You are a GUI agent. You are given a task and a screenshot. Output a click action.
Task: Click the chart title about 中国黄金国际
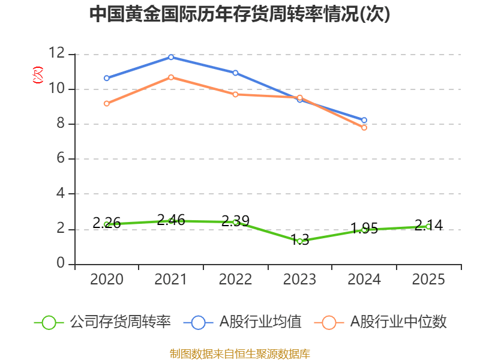pyautogui.click(x=239, y=14)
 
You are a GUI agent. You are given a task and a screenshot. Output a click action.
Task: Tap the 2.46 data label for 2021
pyautogui.click(x=171, y=220)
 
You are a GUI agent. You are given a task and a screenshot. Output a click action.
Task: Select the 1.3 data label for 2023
pyautogui.click(x=299, y=240)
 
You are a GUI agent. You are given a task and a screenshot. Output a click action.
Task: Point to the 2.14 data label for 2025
pyautogui.click(x=428, y=226)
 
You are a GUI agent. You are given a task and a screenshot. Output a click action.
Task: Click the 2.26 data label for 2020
pyautogui.click(x=107, y=223)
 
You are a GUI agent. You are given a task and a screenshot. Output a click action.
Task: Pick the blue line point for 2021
pyautogui.click(x=171, y=57)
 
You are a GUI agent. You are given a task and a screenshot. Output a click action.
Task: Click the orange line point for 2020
pyautogui.click(x=107, y=104)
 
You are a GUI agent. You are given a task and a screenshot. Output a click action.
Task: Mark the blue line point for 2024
pyautogui.click(x=364, y=120)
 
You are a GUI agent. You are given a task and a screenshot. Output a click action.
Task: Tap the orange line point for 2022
pyautogui.click(x=235, y=94)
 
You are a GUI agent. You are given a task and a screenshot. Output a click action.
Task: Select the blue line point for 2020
pyautogui.click(x=107, y=78)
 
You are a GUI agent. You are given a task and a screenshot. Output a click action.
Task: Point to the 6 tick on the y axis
pyautogui.click(x=60, y=159)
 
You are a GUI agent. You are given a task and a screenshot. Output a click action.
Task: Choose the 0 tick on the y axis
pyautogui.click(x=60, y=264)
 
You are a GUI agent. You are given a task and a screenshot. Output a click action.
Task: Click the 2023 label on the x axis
pyautogui.click(x=299, y=280)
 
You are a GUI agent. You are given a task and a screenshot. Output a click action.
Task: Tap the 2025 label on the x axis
pyautogui.click(x=428, y=280)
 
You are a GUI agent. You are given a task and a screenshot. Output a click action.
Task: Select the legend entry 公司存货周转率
pyautogui.click(x=103, y=322)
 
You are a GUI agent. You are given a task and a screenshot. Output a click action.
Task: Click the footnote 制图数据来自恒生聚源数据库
pyautogui.click(x=239, y=353)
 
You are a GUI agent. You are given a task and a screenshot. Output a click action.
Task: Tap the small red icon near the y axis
pyautogui.click(x=37, y=75)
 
